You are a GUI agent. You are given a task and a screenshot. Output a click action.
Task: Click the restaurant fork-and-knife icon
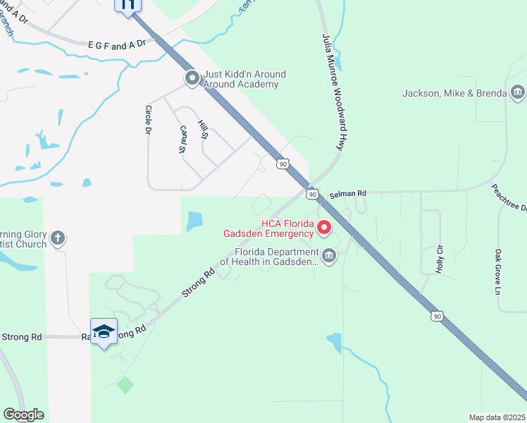tap(128, 6)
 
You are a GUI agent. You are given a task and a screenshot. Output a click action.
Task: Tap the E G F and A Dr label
tap(116, 45)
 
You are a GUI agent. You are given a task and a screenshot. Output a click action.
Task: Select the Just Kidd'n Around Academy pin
tap(192, 79)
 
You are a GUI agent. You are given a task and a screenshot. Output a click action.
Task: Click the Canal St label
tap(182, 139)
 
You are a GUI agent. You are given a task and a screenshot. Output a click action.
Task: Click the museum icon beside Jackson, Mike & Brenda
tap(518, 92)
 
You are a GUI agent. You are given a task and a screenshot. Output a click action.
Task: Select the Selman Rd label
tap(348, 192)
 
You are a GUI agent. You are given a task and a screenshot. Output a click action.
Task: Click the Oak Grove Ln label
tap(497, 271)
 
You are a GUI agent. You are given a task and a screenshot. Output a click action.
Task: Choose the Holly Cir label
tap(440, 259)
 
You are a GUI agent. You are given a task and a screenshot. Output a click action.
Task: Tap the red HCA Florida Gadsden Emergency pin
tap(324, 228)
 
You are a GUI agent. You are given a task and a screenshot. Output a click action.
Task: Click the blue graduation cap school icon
tap(104, 332)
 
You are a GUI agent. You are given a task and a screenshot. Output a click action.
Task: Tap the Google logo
tap(23, 415)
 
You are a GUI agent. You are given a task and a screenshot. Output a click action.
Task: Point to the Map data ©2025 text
tap(497, 417)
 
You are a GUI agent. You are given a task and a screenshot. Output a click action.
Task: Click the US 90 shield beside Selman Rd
tap(311, 192)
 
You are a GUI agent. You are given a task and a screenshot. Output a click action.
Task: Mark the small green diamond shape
tap(125, 385)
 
